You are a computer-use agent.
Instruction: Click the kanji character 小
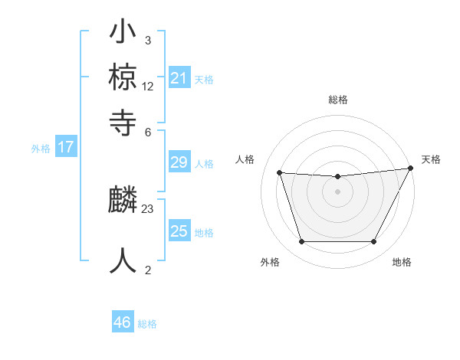[123, 34]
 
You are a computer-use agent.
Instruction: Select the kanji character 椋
[123, 77]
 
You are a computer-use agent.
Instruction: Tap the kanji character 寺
[123, 120]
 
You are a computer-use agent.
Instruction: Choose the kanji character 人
[123, 260]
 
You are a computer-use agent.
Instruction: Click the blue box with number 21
[179, 77]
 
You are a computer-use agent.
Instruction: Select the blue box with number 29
[179, 162]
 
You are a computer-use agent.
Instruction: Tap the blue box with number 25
[179, 231]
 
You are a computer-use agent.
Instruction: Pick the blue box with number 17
[66, 147]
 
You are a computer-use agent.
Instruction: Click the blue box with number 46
[123, 322]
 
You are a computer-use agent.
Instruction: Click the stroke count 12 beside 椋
[148, 87]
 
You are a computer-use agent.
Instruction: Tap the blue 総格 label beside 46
[147, 324]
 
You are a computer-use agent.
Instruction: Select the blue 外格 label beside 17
[41, 149]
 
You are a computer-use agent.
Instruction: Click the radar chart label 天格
[431, 159]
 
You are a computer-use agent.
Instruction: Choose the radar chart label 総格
[337, 100]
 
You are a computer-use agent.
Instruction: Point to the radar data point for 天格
[411, 168]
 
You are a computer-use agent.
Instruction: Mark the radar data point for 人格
[279, 173]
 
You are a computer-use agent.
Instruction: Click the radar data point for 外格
[301, 242]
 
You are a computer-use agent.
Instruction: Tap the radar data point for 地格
[374, 242]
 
